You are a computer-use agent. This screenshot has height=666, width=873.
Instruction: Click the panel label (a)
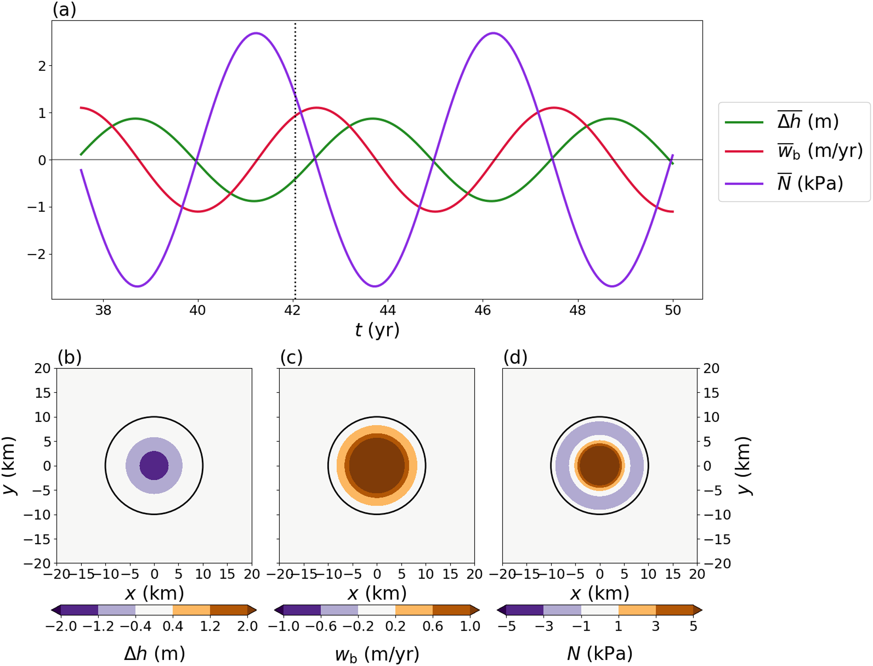tap(64, 9)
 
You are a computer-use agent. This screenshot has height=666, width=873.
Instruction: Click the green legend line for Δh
tap(744, 122)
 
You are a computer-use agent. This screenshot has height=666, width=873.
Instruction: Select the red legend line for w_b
tap(744, 151)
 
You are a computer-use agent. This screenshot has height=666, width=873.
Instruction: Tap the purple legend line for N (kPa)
tap(744, 184)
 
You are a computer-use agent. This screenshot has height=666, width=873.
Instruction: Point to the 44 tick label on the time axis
tap(387, 310)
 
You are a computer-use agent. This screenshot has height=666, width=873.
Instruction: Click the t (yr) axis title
tap(377, 330)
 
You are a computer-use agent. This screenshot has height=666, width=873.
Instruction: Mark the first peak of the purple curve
tap(256, 33)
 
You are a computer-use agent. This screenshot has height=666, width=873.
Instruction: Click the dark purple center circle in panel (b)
tap(154, 465)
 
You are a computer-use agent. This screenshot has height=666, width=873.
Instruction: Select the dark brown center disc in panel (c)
tap(377, 465)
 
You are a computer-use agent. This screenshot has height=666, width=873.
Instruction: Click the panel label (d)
tap(515, 357)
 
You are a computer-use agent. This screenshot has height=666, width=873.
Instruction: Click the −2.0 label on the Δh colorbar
tap(61, 626)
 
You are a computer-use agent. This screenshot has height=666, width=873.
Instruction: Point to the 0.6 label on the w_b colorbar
tap(433, 626)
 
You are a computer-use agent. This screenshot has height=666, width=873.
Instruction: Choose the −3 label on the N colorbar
tap(544, 626)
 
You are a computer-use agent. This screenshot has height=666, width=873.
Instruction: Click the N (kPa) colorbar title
tap(600, 653)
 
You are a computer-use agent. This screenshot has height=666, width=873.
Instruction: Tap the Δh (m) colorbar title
tap(154, 653)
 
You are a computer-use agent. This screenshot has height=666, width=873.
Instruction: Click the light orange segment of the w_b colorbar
tap(414, 610)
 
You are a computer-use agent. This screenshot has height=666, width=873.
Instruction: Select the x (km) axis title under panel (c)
tap(377, 593)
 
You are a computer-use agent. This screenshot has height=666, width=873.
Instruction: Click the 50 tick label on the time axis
tap(672, 310)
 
